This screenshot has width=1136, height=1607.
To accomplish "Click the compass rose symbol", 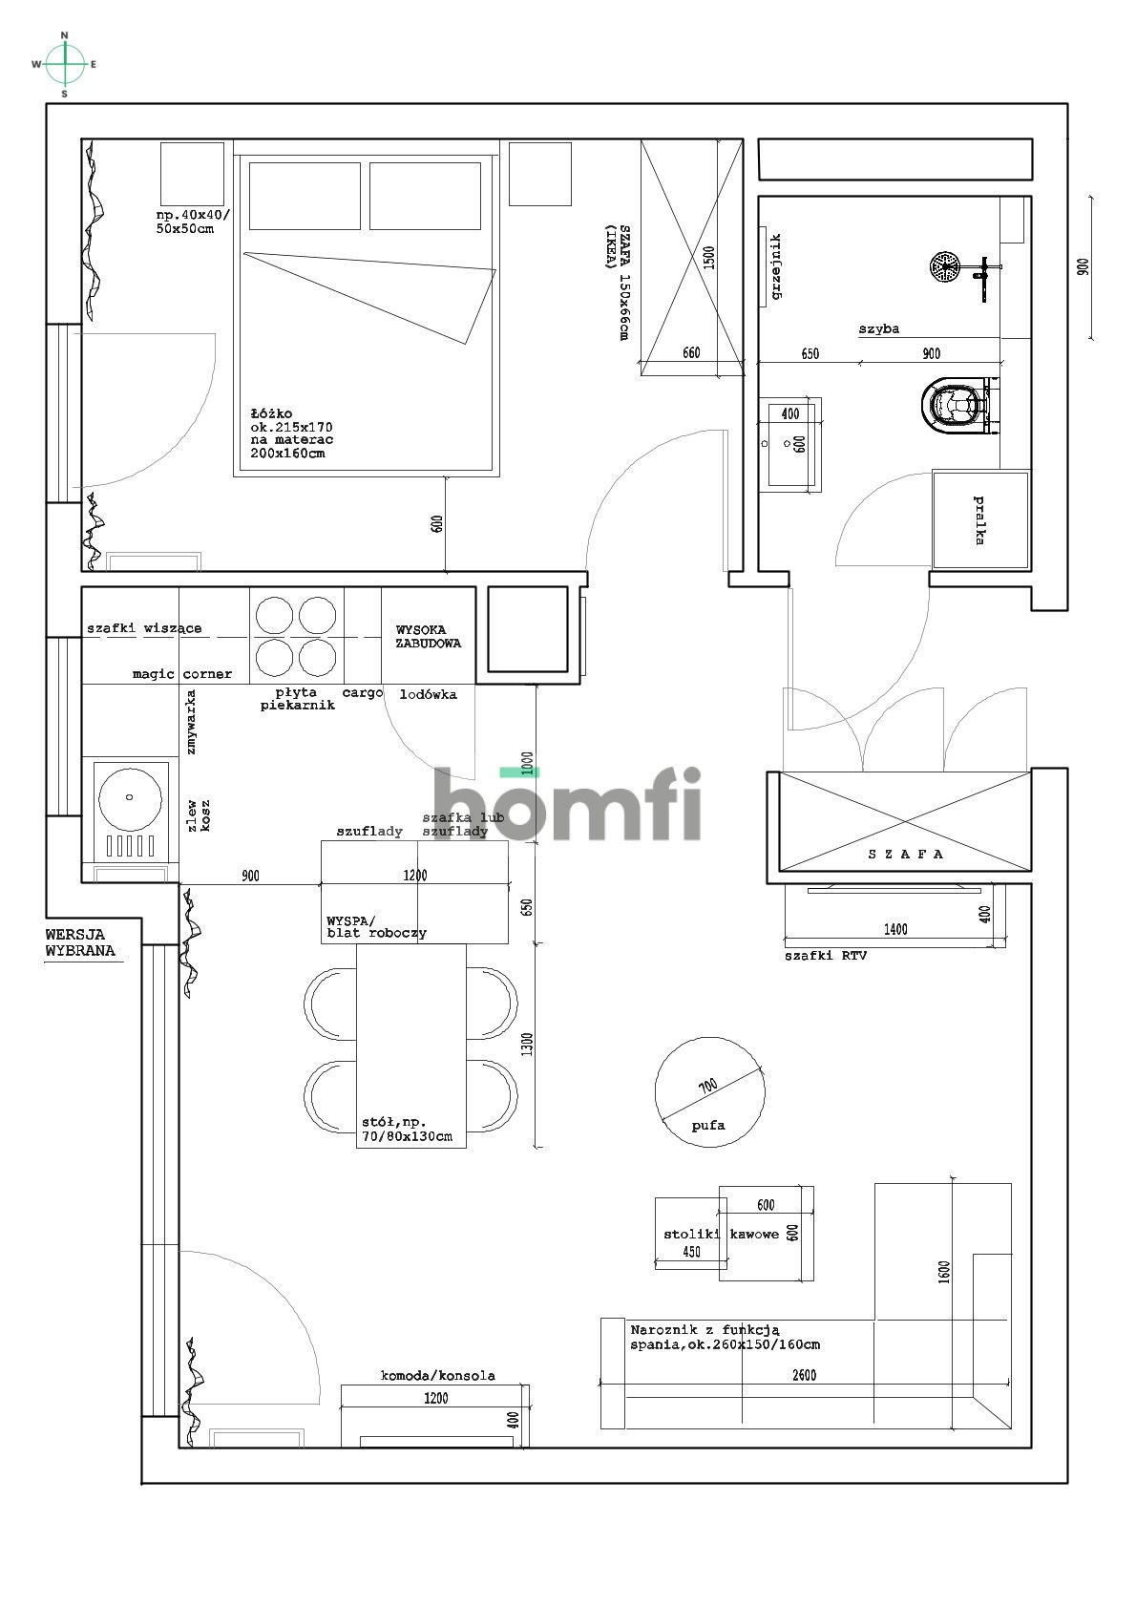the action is coord(65,65).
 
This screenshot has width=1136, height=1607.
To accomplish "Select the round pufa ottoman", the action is coord(709,1092).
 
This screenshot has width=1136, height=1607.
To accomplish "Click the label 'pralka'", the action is coord(978,520).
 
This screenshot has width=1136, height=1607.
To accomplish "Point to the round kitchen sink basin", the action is coord(130,797).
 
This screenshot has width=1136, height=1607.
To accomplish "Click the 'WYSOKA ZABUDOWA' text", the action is coord(429,636).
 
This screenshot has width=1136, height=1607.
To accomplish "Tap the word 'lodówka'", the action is coord(429,694).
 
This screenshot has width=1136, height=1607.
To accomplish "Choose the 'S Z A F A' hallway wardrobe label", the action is coord(906,854).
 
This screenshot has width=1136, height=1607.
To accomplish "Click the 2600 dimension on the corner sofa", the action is coord(804,1375).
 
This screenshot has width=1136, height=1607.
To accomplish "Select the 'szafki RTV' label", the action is coord(826,956).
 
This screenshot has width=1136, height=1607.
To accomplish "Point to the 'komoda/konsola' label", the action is coord(437,1375).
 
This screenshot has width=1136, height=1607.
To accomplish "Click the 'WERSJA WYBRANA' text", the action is coord(79,942).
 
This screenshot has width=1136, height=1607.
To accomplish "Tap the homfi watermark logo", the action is coord(566,804).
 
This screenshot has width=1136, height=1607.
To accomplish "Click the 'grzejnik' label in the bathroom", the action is coord(775,266).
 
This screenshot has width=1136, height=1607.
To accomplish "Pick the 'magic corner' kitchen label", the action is coord(182,674).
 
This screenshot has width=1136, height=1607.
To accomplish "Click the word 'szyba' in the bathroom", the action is coord(878,329).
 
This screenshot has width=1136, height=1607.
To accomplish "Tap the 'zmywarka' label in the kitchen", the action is coord(191,722).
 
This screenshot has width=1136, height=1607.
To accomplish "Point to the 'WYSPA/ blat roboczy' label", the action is coord(376,927).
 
